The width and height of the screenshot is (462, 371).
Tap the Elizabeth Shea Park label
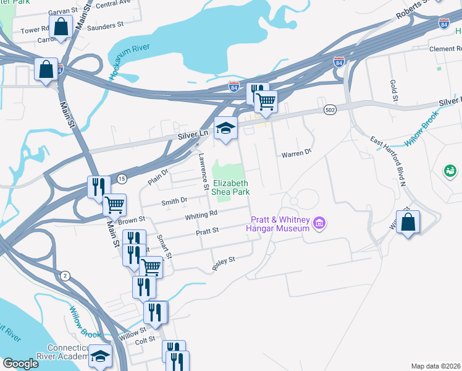pyautogui.click(x=231, y=187)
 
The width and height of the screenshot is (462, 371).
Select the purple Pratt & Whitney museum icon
pyautogui.click(x=319, y=223)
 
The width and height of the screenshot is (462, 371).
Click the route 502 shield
pyautogui.click(x=329, y=109)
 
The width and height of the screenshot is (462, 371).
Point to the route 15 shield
pyautogui.click(x=122, y=179)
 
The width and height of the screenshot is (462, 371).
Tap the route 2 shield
pyautogui.click(x=65, y=275)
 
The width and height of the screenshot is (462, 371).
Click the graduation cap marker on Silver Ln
pyautogui.click(x=225, y=129)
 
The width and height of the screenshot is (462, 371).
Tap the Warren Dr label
pyautogui.click(x=295, y=154)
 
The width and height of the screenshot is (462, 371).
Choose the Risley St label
pyautogui.click(x=223, y=261)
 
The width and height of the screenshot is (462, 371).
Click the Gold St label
pyautogui.click(x=393, y=91)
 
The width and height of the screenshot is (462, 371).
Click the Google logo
pyautogui.click(x=20, y=364)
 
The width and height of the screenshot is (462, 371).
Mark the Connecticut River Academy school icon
pyautogui.click(x=101, y=357)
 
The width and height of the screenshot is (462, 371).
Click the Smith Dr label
pyautogui.click(x=174, y=201)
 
